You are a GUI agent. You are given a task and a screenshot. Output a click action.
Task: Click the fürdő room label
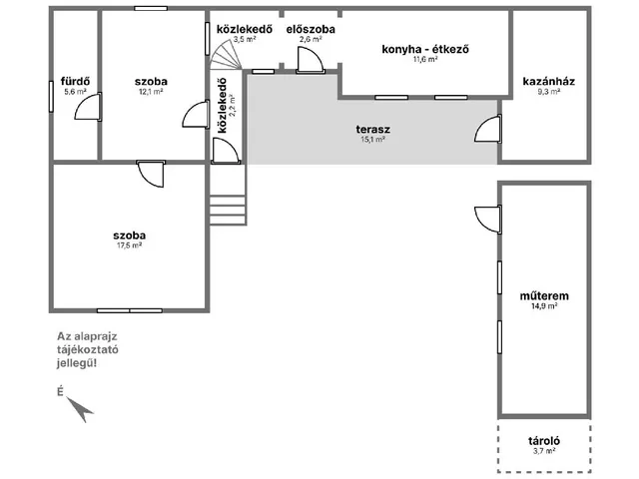76,82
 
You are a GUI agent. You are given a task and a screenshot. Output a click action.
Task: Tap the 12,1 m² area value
151,92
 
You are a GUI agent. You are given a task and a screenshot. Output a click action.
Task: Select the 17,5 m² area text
129,245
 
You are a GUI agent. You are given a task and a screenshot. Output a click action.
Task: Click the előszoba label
311,29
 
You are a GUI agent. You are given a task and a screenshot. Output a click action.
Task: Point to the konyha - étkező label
425,49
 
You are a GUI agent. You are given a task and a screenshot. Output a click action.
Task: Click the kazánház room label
549,81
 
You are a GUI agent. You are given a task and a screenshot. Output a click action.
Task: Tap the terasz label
372,130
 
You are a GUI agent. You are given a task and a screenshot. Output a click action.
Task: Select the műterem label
544,296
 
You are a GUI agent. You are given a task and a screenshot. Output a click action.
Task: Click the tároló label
544,441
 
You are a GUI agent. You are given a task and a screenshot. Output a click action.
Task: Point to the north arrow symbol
80,409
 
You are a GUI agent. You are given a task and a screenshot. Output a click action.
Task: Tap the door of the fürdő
88,107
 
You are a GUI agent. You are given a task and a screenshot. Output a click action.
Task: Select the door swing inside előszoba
311,60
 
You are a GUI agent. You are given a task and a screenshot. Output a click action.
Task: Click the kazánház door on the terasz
488,129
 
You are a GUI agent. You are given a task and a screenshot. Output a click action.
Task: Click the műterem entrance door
488,220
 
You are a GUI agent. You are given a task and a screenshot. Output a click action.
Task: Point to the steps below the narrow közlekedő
228,210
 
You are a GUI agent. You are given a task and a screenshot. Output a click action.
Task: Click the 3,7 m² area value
544,451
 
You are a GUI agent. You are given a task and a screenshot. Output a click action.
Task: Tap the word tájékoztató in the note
88,350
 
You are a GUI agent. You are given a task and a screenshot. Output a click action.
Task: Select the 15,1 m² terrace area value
372,140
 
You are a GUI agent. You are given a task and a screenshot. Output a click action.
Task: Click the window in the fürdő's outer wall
51,97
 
